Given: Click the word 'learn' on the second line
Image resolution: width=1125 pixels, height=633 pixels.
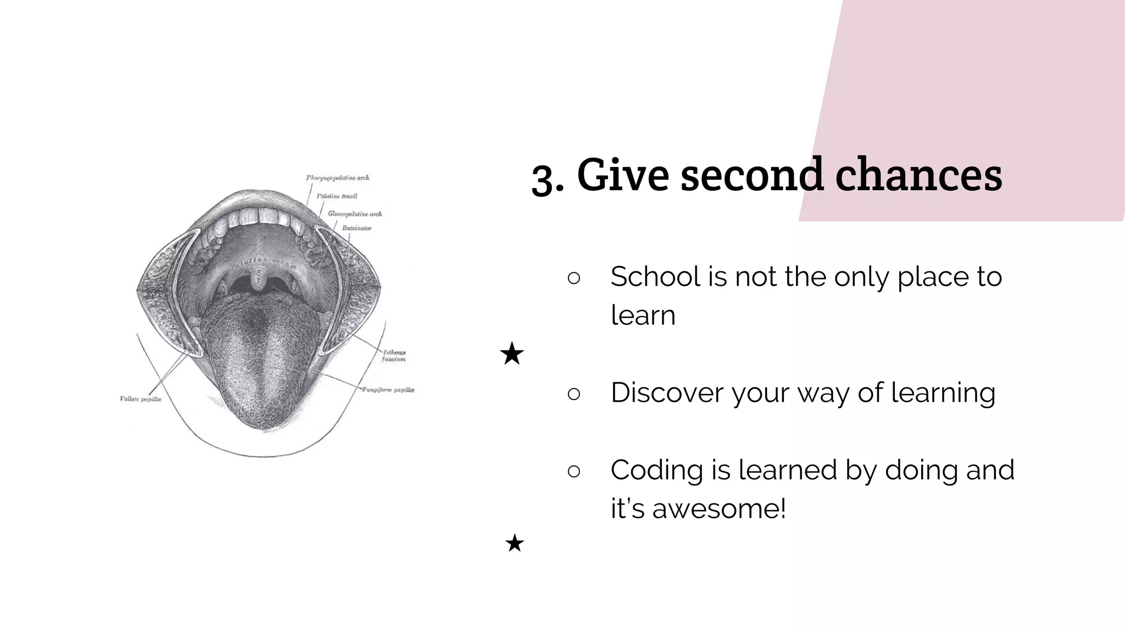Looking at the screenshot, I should pyautogui.click(x=643, y=315).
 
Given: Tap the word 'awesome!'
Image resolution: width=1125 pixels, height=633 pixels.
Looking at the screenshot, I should pyautogui.click(x=719, y=509).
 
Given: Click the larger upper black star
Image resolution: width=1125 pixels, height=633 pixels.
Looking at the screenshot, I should pyautogui.click(x=512, y=354).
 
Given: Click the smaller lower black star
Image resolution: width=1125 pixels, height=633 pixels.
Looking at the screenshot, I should pyautogui.click(x=515, y=543).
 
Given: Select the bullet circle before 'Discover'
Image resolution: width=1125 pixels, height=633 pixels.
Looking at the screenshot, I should pyautogui.click(x=573, y=394).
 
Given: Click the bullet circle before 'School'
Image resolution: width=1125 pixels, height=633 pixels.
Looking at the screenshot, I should pyautogui.click(x=573, y=278).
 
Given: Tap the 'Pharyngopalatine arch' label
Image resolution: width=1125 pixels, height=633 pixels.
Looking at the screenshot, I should pyautogui.click(x=337, y=178).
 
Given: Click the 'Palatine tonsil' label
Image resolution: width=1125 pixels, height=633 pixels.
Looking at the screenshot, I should pyautogui.click(x=337, y=196).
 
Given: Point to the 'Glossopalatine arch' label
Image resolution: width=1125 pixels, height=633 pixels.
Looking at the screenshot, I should pyautogui.click(x=354, y=214).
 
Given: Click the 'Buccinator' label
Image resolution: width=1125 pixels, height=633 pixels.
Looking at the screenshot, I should pyautogui.click(x=357, y=228).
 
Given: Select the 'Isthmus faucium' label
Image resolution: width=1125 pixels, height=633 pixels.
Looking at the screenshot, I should pyautogui.click(x=394, y=356).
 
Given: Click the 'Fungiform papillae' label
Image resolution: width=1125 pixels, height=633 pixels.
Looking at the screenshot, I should pyautogui.click(x=388, y=390).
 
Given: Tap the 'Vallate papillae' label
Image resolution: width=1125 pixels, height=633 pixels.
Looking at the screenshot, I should pyautogui.click(x=141, y=399).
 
